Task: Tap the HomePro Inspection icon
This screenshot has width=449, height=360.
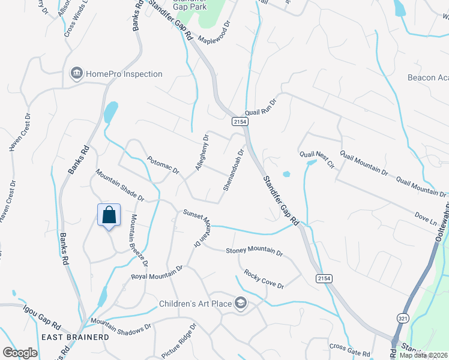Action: click(x=76, y=74)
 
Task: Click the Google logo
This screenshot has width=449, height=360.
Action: click(x=20, y=353)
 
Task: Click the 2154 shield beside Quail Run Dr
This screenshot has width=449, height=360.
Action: click(x=238, y=121)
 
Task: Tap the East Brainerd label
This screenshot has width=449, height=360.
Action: click(x=75, y=337)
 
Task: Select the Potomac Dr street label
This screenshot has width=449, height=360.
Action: click(x=163, y=166)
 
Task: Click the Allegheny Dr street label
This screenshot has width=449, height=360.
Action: click(x=201, y=152)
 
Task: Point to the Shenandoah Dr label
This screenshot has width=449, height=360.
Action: click(x=234, y=170)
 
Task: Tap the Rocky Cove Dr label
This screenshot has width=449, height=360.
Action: click(x=264, y=278)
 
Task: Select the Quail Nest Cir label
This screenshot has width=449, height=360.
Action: click(x=316, y=160)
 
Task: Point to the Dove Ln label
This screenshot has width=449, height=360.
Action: click(x=425, y=217)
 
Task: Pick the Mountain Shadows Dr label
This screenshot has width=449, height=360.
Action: click(x=121, y=326)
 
